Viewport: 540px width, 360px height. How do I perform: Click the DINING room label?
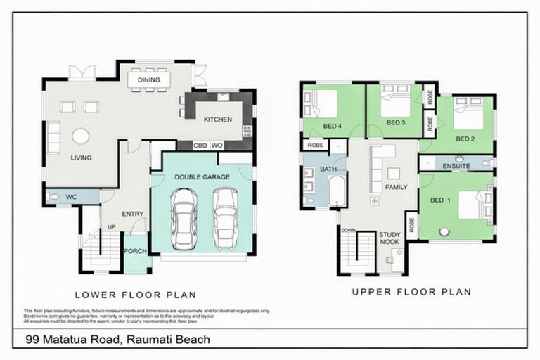pos(149,80)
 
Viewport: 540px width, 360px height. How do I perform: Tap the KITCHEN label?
pos(217,120)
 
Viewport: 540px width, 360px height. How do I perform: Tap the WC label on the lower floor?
pos(70,197)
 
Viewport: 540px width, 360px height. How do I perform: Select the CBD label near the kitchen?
pos(200,146)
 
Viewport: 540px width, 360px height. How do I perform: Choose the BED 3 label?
pos(397,123)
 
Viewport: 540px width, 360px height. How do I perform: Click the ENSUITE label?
pos(456,166)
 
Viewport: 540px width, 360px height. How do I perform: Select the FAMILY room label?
pos(396,188)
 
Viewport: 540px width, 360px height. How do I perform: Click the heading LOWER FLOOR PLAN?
pos(135,295)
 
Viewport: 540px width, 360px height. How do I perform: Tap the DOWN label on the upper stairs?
pos(349,230)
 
